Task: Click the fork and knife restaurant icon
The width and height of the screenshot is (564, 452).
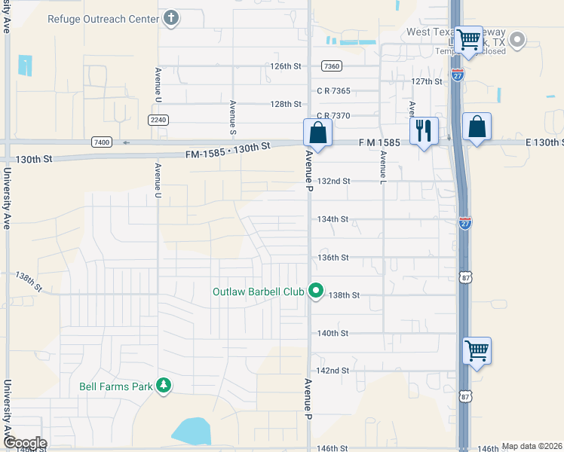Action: pos(424,130)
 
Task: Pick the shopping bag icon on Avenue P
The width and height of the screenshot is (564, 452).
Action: pos(317,133)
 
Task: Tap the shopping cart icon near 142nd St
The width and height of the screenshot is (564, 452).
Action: pos(477,350)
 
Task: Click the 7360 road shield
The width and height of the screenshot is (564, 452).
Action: pos(331,66)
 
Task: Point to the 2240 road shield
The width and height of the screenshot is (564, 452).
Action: pos(158,120)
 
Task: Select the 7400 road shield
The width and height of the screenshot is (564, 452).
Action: pos(101,142)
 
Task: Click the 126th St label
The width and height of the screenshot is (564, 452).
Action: pos(286,66)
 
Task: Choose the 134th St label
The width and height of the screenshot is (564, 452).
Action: pos(333,219)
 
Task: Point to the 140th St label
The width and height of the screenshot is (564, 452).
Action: pos(333,332)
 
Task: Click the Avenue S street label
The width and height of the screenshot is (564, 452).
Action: pos(233,113)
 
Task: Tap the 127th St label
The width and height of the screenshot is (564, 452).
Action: pos(426,81)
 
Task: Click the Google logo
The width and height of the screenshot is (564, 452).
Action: pos(24,444)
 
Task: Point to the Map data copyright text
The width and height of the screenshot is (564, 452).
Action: pos(531,446)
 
